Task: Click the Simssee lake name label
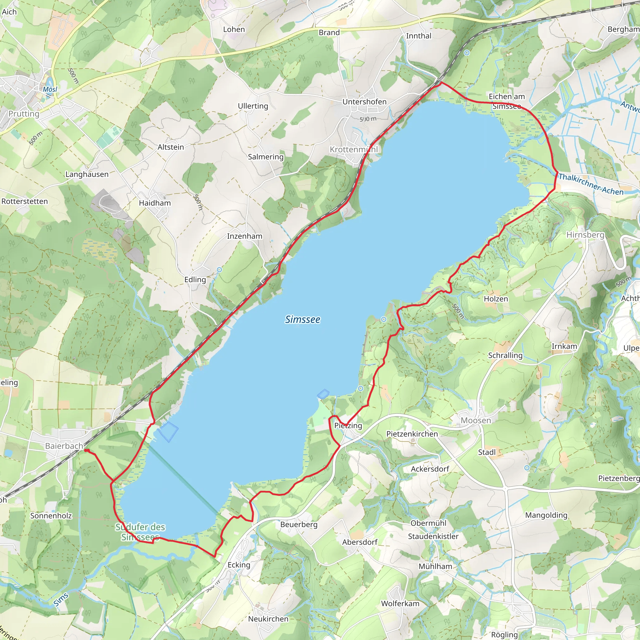(302, 319)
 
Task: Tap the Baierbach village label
(64, 446)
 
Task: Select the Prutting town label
(23, 114)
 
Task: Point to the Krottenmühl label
(353, 149)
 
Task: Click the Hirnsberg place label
(585, 235)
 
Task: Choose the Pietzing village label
(348, 425)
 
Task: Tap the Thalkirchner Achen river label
(591, 184)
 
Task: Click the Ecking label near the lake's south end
(238, 565)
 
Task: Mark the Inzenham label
(244, 236)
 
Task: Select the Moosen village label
(476, 420)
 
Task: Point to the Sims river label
(61, 600)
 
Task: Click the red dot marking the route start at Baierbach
(86, 451)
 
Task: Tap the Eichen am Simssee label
(507, 101)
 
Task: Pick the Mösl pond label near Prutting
(50, 89)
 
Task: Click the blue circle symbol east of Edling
(219, 270)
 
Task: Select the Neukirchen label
(268, 619)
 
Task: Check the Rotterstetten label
(24, 202)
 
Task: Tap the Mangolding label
(546, 515)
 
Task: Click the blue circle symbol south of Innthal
(467, 53)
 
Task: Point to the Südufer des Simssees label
(140, 532)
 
